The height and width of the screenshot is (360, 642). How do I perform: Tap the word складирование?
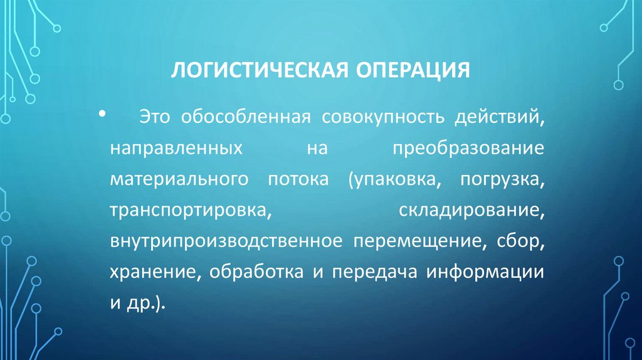pos(470,211)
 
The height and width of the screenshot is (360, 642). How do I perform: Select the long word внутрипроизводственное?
pos(225,242)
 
